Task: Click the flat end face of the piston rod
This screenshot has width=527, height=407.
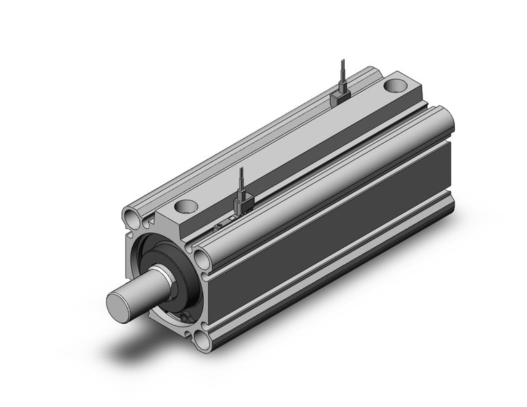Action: point(119,302)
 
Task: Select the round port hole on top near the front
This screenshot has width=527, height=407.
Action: point(186,205)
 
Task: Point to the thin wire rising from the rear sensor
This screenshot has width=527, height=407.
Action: point(340,73)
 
